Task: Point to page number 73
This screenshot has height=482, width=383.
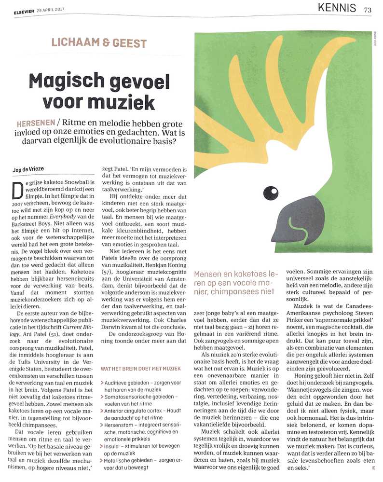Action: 368,8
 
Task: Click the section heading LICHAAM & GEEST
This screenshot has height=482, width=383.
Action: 99,43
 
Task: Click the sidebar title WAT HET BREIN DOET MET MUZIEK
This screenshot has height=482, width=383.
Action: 140,369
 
